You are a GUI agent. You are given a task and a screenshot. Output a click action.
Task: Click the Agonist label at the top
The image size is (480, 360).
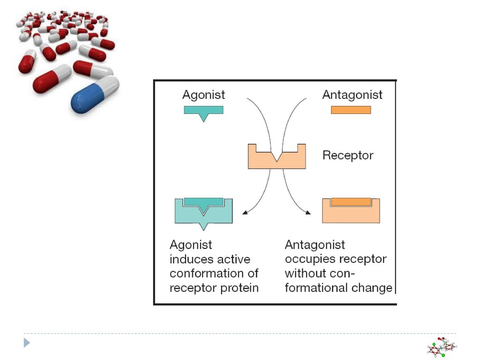pos(203,95)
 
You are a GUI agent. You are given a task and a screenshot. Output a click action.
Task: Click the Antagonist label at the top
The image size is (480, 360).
pos(352,95)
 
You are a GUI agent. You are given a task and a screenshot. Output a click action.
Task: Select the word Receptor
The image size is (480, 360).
pos(348,156)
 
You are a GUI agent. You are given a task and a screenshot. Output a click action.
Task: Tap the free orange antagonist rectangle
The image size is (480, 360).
pos(351,110)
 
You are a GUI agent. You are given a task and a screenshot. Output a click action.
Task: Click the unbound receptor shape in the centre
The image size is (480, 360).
pos(277,161)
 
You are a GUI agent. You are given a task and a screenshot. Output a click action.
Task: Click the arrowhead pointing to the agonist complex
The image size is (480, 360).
pos(245,212)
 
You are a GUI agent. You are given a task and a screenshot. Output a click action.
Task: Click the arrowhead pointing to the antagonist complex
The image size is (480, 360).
pos(308,212)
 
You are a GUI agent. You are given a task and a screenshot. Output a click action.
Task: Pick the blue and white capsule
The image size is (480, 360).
pos(95,95)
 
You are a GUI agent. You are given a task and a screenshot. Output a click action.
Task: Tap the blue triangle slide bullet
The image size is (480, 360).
pos(27,343)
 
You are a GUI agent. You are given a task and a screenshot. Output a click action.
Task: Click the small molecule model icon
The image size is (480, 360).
pos(442,347)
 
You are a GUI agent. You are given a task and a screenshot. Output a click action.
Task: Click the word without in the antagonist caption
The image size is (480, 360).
pos(304,273)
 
